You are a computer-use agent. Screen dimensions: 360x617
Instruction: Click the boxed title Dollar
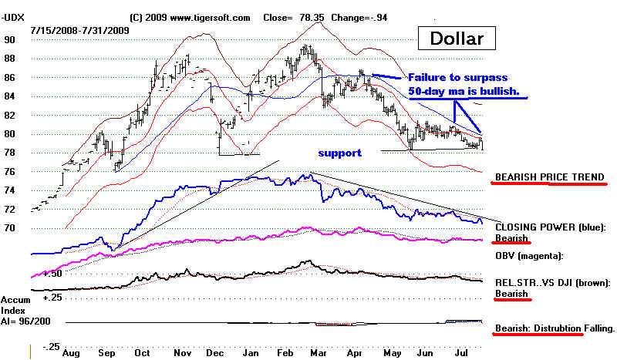coord(457,38)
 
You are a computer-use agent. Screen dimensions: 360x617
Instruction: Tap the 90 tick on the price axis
coord(9,39)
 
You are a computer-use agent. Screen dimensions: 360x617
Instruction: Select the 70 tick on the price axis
coord(9,228)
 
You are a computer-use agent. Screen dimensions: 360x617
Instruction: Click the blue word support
coord(339,153)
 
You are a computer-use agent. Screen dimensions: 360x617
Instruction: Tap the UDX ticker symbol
coord(15,15)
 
